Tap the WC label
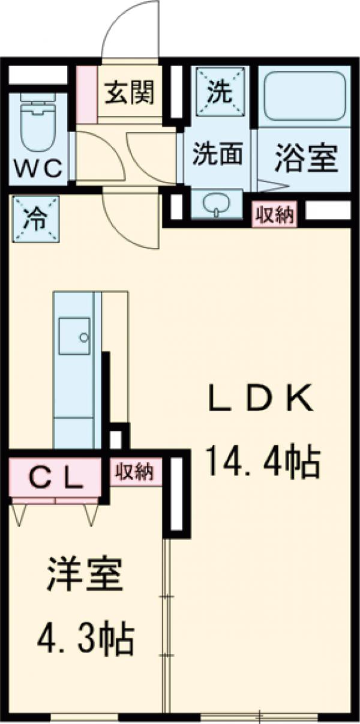38,169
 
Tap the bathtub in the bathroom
304,97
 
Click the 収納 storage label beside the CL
135,471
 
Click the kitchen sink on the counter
74,336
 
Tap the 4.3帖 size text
85,640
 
